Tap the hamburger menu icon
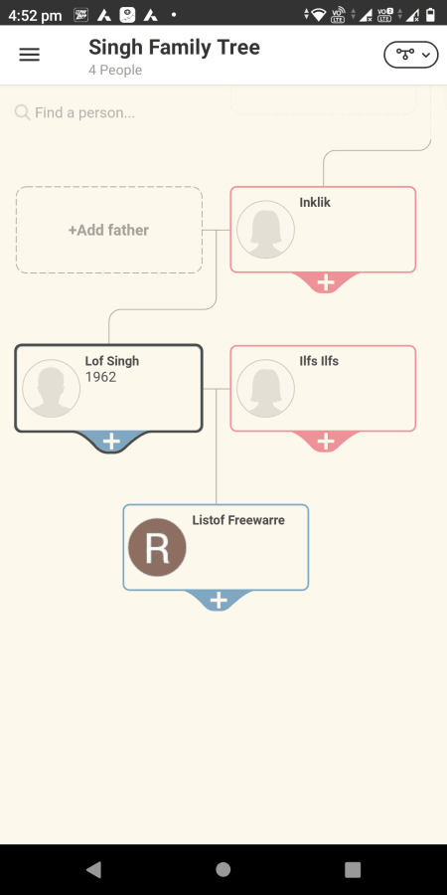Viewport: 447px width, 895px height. pyautogui.click(x=30, y=55)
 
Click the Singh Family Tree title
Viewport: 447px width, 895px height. pyautogui.click(x=174, y=47)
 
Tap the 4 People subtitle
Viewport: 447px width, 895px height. pyautogui.click(x=115, y=71)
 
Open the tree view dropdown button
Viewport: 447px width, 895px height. pyautogui.click(x=410, y=55)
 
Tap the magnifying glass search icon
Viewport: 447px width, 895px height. pyautogui.click(x=22, y=111)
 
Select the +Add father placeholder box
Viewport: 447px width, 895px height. pyautogui.click(x=109, y=230)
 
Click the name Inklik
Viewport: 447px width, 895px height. pyautogui.click(x=315, y=203)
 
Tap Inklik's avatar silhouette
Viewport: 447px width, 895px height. pyautogui.click(x=265, y=230)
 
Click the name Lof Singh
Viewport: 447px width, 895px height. pyautogui.click(x=111, y=361)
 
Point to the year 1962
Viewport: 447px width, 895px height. pyautogui.click(x=100, y=377)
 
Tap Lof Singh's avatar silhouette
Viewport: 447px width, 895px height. pyautogui.click(x=52, y=388)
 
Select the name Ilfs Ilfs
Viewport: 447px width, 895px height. pyautogui.click(x=319, y=361)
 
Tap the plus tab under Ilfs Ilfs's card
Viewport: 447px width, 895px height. pyautogui.click(x=325, y=441)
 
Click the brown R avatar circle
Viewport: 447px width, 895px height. pyautogui.click(x=157, y=547)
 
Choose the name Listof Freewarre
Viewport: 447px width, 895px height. pyautogui.click(x=238, y=520)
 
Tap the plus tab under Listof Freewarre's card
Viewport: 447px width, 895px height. pyautogui.click(x=219, y=600)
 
